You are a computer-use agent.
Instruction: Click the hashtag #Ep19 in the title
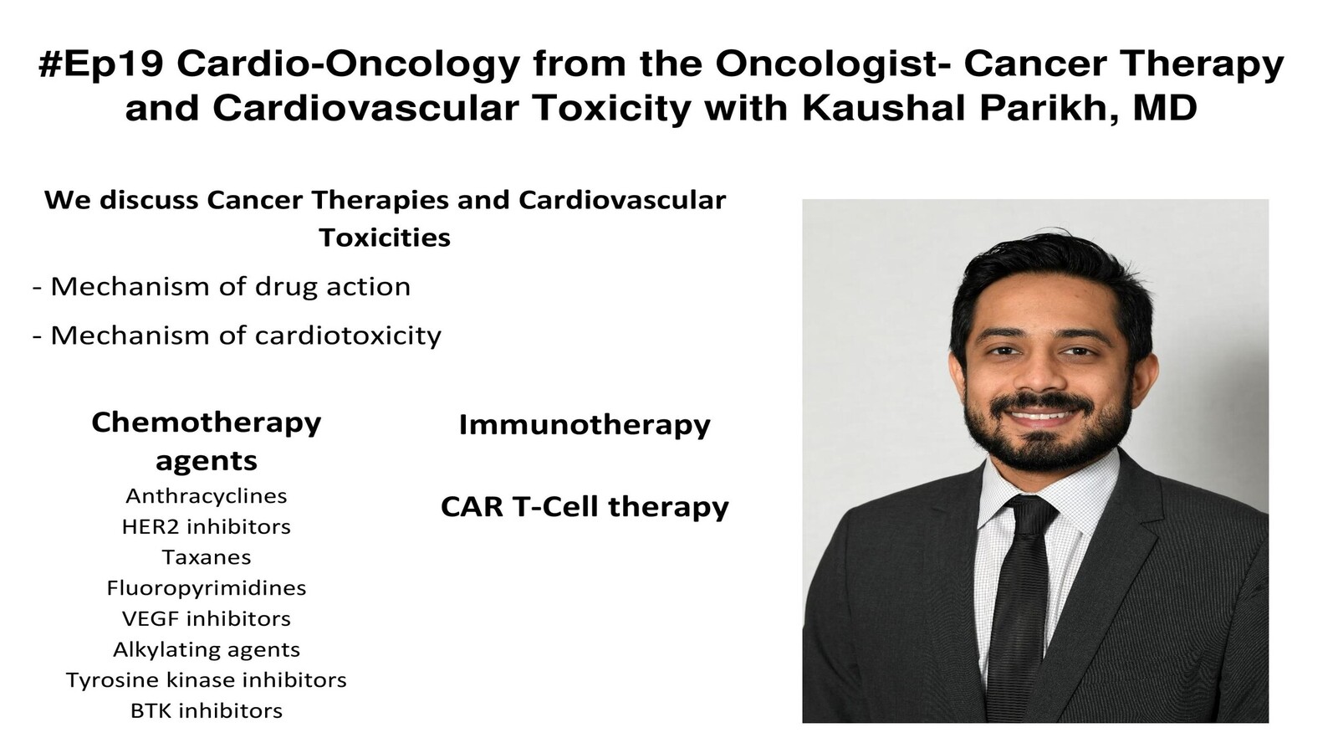click(x=101, y=64)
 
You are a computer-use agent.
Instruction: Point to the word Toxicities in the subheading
click(x=385, y=238)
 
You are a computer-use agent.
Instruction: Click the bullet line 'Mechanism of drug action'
click(x=222, y=287)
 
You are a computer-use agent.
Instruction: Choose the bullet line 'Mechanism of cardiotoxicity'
click(x=237, y=336)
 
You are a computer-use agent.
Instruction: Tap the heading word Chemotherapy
click(x=206, y=423)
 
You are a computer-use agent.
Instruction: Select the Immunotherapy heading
click(x=585, y=426)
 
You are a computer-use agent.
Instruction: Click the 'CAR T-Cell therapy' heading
click(x=585, y=507)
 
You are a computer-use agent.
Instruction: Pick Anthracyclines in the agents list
click(x=206, y=496)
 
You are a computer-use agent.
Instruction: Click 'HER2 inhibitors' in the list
click(x=206, y=527)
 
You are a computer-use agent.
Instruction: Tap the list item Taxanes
click(x=206, y=557)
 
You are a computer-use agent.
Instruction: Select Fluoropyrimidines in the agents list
click(x=206, y=589)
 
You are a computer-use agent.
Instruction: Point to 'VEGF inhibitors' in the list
click(x=206, y=619)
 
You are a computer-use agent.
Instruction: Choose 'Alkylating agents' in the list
click(x=206, y=650)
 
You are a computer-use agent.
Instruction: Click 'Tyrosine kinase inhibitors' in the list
click(x=206, y=681)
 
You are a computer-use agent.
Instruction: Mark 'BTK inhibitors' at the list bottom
click(x=206, y=711)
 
